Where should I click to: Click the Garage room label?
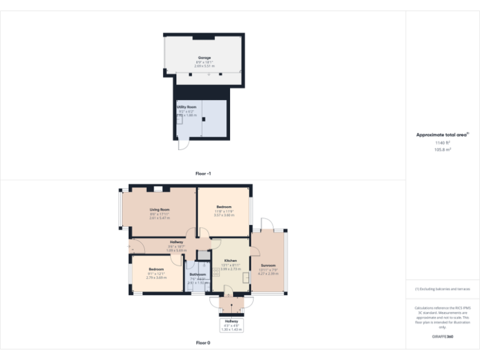(204, 57)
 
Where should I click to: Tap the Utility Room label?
(186, 107)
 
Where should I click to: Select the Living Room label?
(160, 209)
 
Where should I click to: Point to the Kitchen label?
(231, 260)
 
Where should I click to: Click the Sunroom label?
(268, 265)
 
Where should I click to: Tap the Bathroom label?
(197, 274)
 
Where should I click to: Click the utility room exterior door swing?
(182, 144)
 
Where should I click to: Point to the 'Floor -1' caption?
(203, 173)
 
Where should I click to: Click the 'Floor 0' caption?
(203, 343)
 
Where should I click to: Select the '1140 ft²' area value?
(442, 143)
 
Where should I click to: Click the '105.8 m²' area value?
(442, 150)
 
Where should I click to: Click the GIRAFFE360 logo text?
(442, 337)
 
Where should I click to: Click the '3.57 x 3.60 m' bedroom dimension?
(224, 215)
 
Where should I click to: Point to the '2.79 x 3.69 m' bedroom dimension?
(156, 277)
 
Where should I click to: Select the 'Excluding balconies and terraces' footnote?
(442, 289)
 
